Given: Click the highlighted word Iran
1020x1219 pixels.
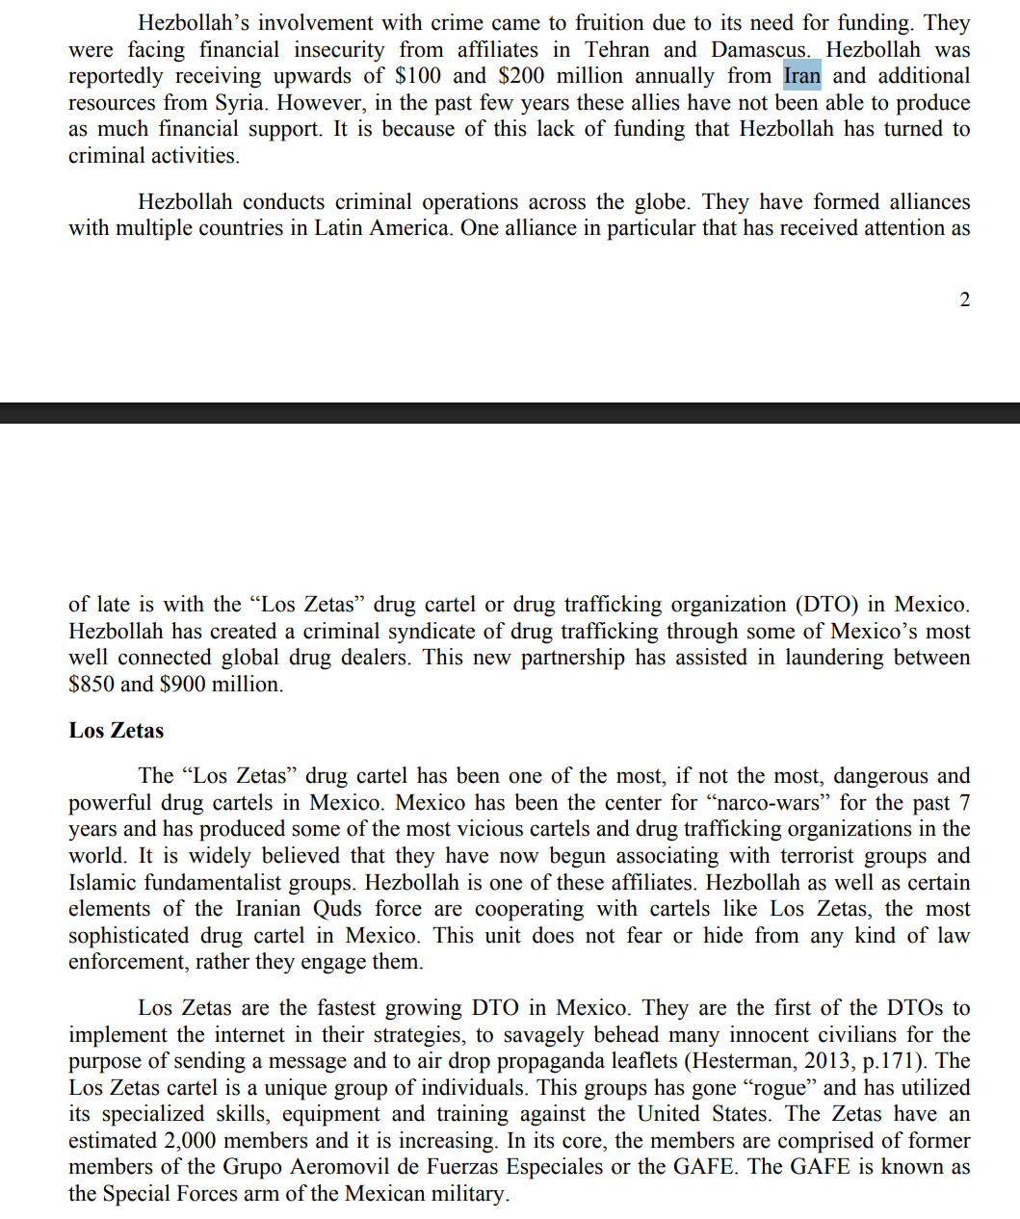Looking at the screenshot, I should pyautogui.click(x=801, y=76).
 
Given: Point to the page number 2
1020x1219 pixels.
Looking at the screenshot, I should pyautogui.click(x=964, y=299).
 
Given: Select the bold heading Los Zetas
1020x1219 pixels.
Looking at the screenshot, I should pyautogui.click(x=116, y=730).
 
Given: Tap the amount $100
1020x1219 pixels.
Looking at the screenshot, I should pyautogui.click(x=418, y=76).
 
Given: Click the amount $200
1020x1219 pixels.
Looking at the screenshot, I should pyautogui.click(x=521, y=76).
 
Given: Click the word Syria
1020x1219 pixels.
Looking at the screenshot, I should pyautogui.click(x=239, y=103).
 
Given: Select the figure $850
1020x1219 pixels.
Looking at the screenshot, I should pyautogui.click(x=92, y=685).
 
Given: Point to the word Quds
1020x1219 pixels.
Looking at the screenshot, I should pyautogui.click(x=337, y=909).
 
